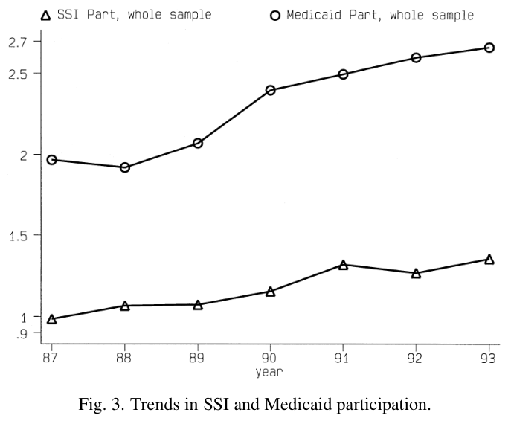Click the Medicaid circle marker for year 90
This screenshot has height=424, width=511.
coord(270,90)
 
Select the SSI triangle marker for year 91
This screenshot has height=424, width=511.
coord(343,266)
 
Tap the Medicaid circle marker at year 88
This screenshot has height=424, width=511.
coord(125,167)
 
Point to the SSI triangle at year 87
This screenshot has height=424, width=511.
coord(51,319)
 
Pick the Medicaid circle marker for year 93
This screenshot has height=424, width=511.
coord(489,48)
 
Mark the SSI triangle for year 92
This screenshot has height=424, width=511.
coord(416,274)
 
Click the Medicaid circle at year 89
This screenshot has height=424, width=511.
coord(198,143)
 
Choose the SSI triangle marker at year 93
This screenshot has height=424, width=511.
coord(489,260)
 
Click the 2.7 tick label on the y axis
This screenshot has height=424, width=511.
coord(18,42)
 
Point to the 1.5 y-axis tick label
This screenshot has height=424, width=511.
coord(19,236)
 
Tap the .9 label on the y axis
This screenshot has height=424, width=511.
coord(22,334)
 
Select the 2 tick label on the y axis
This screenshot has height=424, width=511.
coord(24,155)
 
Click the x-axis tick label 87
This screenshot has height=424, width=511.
coord(50,358)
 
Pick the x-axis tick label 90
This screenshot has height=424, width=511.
coord(269,358)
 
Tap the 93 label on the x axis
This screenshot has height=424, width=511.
coord(488,358)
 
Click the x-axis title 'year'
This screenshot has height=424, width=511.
coord(269,372)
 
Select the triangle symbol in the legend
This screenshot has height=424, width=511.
coord(45,16)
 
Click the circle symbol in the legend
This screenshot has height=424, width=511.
coord(275,16)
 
